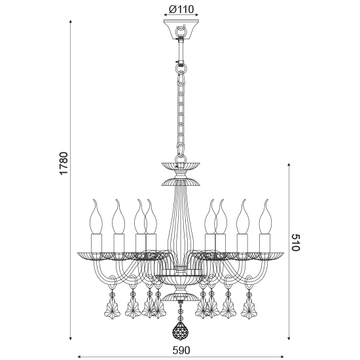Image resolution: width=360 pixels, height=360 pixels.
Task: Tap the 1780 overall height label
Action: (x=63, y=164)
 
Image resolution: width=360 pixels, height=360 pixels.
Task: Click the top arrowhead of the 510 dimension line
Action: (x=289, y=164)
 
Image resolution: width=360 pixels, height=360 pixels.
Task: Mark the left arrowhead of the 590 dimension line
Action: (x=80, y=357)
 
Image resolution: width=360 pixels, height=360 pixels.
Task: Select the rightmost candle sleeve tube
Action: (x=264, y=241)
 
